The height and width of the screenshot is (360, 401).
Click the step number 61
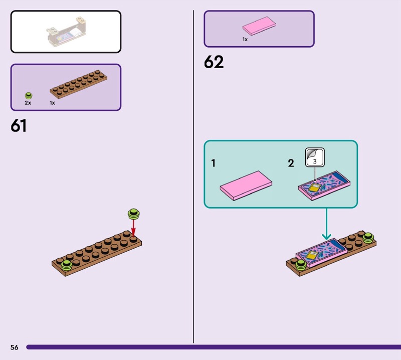pos(19,126)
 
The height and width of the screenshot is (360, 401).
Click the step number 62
pos(214,63)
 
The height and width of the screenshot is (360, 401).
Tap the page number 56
pos(14,347)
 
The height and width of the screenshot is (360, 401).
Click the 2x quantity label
pos(28,102)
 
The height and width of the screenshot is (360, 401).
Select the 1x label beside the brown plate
pos(52,102)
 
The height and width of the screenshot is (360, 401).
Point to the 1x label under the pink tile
pos(245,39)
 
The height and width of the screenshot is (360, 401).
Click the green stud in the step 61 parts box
pos(29,95)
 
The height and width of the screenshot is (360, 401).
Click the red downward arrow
pos(133,229)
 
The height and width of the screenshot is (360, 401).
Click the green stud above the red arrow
pos(133,214)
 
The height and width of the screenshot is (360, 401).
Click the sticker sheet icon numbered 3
pos(315,157)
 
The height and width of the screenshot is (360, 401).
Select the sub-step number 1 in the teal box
pos(214,163)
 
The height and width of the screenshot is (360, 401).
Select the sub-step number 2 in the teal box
pos(291,163)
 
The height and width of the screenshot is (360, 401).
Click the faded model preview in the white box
pos(66,31)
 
